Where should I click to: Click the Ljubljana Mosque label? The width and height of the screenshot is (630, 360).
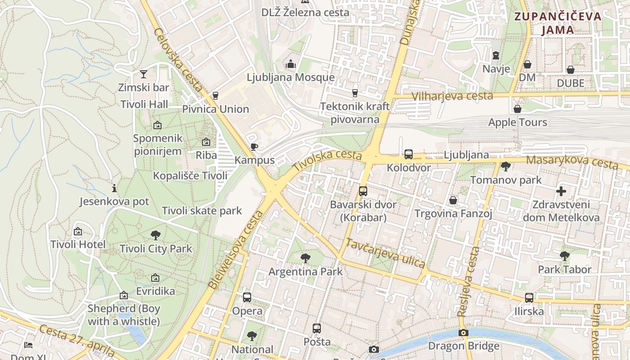pos(290,77)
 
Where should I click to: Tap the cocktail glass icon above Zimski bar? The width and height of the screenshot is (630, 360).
pos(144,74)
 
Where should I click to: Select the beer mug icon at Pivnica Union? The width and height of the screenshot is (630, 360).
pos(215,95)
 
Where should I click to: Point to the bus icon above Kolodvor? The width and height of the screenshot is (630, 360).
pos(409,154)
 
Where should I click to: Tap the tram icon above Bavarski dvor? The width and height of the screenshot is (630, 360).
pos(363,191)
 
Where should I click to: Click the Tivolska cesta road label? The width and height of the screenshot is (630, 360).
pos(327,160)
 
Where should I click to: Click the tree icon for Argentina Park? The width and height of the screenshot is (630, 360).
pos(306,258)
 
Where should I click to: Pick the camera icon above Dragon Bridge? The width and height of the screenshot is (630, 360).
pos(463,333)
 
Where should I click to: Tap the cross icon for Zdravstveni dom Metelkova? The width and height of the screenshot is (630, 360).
pos(561,191)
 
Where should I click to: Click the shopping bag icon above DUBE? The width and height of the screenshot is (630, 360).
pos(571,70)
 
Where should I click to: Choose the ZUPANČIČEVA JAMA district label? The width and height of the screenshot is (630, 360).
pos(558,23)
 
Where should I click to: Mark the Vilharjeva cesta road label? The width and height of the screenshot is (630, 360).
pos(452,96)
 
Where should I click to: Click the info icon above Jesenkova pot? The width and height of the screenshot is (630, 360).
pos(114,188)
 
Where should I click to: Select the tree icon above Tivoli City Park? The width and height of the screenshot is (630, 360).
pos(156,235)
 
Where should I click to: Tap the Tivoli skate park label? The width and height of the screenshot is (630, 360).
pos(202,211)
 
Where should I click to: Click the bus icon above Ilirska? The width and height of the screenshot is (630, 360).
pos(529,298)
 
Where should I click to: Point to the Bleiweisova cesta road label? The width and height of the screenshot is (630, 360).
pos(235,250)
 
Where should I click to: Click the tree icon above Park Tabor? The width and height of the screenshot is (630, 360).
pos(565,256)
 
